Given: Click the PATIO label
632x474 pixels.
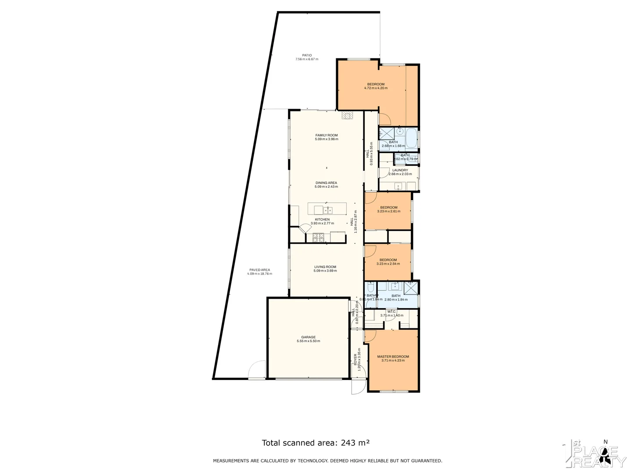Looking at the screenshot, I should click(x=307, y=55).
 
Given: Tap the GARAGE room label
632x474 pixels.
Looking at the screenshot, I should click(x=308, y=337).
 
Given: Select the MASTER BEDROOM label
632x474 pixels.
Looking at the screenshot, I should click(x=393, y=356).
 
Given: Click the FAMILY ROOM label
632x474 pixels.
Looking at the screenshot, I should click(x=326, y=135).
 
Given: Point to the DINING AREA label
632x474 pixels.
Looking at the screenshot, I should click(x=326, y=183).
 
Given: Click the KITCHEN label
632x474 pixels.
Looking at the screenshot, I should click(x=322, y=219).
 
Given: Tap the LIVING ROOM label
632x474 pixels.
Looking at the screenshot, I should click(x=325, y=267).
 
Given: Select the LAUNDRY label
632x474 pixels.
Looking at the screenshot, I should click(x=400, y=170).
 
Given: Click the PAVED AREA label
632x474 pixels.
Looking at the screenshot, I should click(x=259, y=270).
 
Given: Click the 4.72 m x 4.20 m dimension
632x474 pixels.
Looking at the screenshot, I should click(x=376, y=88).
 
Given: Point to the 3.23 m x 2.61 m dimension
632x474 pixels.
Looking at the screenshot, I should click(x=388, y=211).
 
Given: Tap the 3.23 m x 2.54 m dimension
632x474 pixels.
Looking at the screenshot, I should click(x=388, y=264).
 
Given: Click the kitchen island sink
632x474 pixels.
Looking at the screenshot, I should click(x=327, y=209).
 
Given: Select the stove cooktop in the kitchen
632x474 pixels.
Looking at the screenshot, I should click(x=318, y=237).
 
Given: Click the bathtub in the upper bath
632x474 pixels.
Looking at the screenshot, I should click(x=412, y=138).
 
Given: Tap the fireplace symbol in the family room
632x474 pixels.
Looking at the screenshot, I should click(x=347, y=115).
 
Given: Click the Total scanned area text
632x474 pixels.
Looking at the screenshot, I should click(x=316, y=443).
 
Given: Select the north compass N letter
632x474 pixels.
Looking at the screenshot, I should click(x=606, y=442).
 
